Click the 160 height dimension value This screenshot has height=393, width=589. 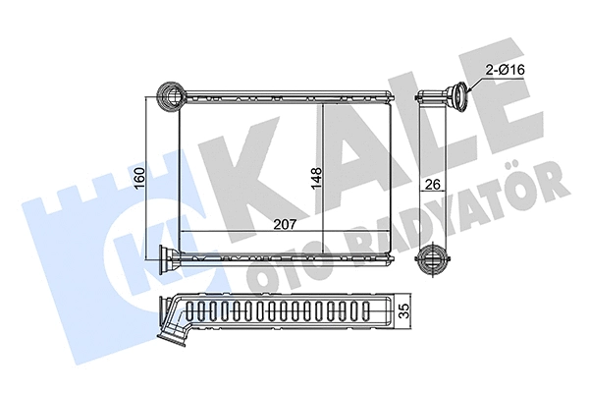tap(138, 182)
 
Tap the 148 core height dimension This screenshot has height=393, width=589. tap(316, 180)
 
